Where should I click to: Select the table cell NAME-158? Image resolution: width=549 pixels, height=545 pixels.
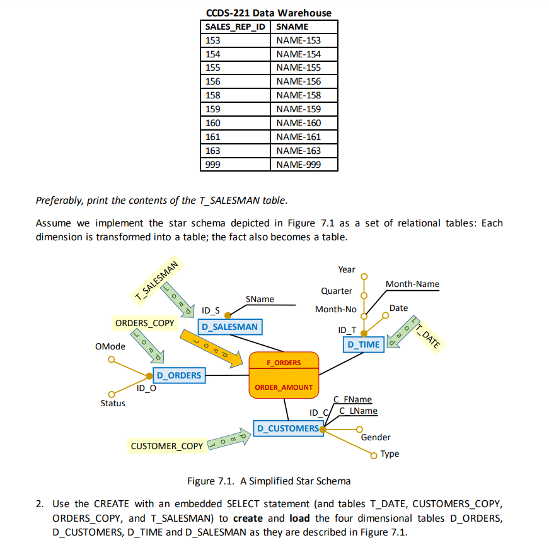(x=298, y=95)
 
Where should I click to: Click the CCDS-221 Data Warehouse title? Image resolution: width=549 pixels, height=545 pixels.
(x=269, y=13)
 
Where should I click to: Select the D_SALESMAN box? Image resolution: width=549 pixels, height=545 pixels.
(x=229, y=327)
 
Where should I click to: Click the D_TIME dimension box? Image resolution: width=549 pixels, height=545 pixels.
(x=363, y=344)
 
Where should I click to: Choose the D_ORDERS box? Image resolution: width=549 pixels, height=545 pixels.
(x=179, y=375)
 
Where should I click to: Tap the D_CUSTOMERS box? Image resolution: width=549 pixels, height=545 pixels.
(x=287, y=428)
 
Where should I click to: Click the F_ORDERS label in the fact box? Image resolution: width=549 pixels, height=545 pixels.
(x=284, y=363)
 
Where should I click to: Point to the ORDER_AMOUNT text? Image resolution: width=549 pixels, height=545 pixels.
(x=284, y=387)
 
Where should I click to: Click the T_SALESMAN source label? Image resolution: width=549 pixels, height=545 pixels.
(x=155, y=281)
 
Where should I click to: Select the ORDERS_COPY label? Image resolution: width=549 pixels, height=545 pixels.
(x=144, y=323)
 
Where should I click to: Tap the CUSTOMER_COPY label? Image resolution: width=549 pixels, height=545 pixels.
(x=167, y=446)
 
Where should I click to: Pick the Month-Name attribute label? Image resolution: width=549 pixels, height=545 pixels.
(x=412, y=284)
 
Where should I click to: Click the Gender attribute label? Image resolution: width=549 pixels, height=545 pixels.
(x=376, y=437)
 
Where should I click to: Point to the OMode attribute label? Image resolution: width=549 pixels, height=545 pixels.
(x=110, y=346)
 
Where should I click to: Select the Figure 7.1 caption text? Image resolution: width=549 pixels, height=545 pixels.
(x=269, y=481)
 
